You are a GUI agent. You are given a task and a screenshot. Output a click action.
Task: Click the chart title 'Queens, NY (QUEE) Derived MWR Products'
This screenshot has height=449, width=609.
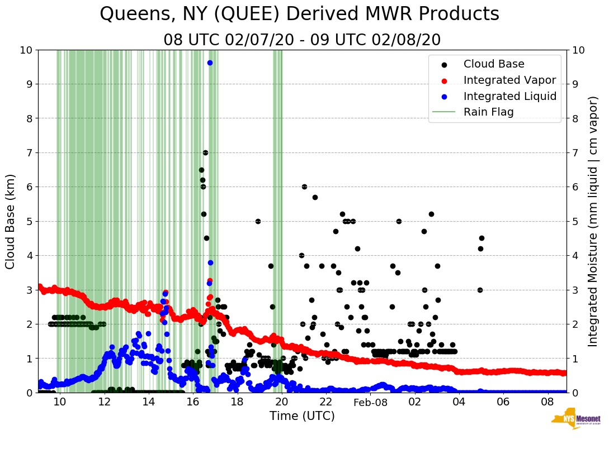299,14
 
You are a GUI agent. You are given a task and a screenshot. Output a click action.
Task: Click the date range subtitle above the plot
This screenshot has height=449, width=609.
302,40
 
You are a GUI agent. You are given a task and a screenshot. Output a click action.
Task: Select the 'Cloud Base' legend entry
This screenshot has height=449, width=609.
494,64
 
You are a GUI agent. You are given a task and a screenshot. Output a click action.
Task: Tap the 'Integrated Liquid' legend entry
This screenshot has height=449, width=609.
510,96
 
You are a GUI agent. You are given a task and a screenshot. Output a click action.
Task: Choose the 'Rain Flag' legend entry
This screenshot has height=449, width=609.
488,112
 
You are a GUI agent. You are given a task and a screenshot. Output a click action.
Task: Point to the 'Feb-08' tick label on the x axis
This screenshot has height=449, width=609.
370,402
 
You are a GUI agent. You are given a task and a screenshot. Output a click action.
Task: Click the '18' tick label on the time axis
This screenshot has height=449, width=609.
237,402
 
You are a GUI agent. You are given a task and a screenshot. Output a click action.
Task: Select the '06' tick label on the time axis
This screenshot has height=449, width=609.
503,402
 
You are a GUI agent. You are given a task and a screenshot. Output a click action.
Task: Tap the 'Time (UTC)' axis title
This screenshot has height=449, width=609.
302,416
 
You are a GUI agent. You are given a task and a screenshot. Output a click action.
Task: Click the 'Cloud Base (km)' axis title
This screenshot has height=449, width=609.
11,221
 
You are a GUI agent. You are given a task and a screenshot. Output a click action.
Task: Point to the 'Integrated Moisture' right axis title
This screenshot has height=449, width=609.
593,221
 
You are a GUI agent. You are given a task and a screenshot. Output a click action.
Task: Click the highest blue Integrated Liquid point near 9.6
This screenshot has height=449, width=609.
210,63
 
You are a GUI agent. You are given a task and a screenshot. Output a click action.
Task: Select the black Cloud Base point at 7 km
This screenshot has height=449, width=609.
205,152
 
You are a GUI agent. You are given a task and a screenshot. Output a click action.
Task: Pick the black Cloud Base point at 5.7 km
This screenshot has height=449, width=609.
315,197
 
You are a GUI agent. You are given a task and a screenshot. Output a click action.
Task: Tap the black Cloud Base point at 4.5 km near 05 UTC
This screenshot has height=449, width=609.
481,238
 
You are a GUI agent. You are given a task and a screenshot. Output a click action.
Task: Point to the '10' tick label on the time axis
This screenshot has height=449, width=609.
60,402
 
